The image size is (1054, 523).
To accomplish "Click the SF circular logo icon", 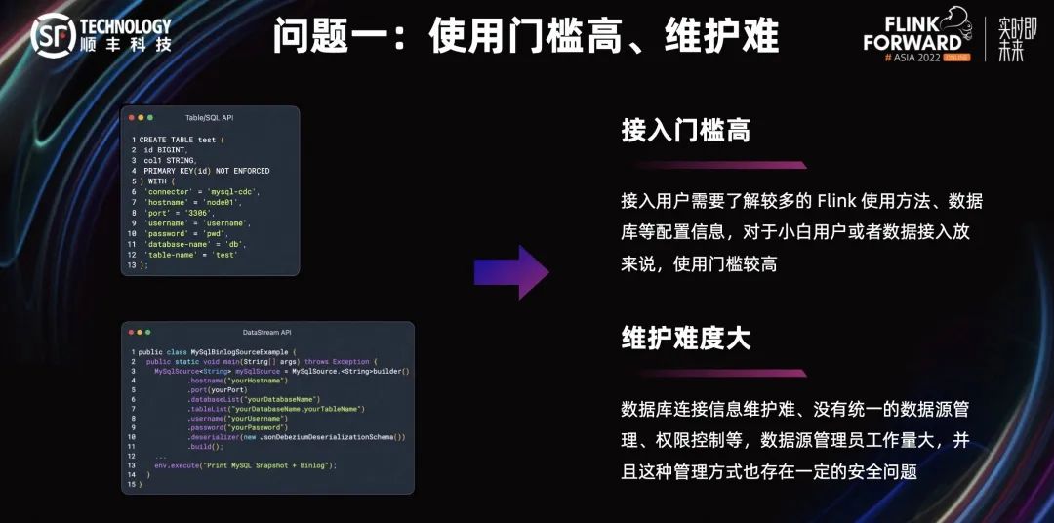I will (x=53, y=35).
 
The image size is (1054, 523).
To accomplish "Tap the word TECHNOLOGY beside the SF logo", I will (x=126, y=26).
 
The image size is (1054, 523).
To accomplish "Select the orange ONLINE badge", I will (x=949, y=58).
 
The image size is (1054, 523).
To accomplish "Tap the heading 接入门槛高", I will (x=685, y=131).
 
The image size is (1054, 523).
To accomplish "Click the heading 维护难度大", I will (x=685, y=339).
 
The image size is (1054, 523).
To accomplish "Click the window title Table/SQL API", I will (x=210, y=117).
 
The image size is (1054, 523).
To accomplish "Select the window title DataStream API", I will (x=267, y=333).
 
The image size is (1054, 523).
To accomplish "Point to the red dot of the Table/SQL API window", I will (x=131, y=117).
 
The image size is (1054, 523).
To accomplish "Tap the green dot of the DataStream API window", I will (x=148, y=333).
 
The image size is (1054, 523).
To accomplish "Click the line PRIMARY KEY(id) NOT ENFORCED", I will (x=206, y=171).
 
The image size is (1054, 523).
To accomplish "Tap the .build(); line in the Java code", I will (x=206, y=447).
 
